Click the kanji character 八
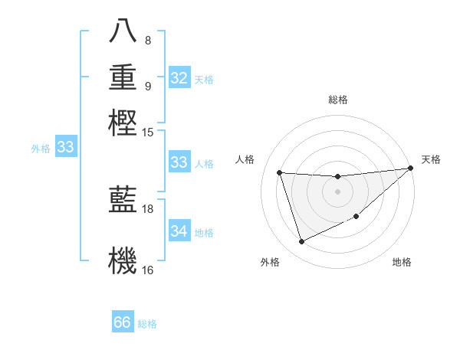pos(123,31)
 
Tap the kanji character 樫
pos(123,122)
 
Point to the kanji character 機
pos(123,260)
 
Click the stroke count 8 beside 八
pos(148,40)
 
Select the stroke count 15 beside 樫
pos(149,132)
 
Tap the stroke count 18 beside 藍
pos(149,208)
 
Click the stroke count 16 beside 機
pos(149,270)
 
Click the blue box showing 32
pos(179,78)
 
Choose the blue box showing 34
pos(179,231)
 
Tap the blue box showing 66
pos(123,322)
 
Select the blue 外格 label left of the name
pos(41,149)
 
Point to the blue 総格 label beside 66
pos(148,324)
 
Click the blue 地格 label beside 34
pos(205,233)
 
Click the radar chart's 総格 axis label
pos(337,100)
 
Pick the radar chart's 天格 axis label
pos(431,159)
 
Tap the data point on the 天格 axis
pos(410,169)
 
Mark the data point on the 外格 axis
pos(301,242)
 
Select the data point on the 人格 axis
pos(280,173)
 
